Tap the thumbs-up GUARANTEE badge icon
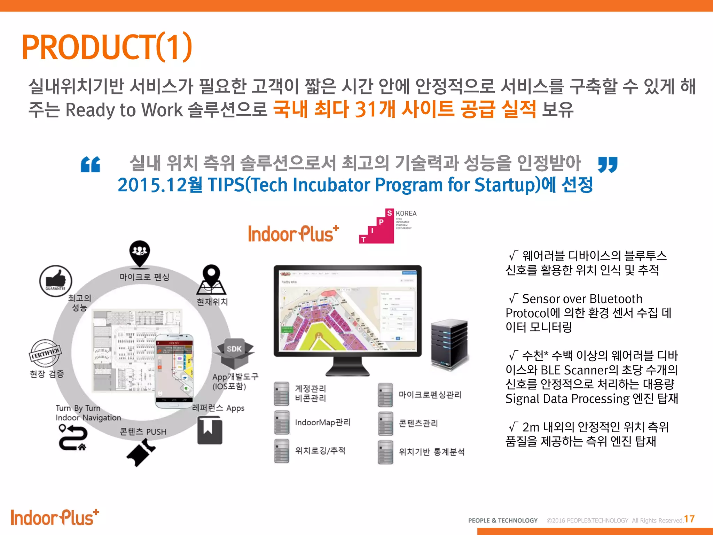(x=56, y=281)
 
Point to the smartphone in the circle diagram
(x=174, y=371)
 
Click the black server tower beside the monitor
(x=449, y=344)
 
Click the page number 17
(x=689, y=519)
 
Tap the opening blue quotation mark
(x=91, y=164)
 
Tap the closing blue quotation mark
(x=608, y=164)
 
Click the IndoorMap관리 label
(x=323, y=422)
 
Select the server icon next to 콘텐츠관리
(x=385, y=424)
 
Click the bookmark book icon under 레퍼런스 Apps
(x=210, y=431)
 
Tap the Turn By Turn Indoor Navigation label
(x=88, y=413)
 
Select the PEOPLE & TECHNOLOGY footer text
(x=503, y=520)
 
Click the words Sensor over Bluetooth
(x=582, y=299)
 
